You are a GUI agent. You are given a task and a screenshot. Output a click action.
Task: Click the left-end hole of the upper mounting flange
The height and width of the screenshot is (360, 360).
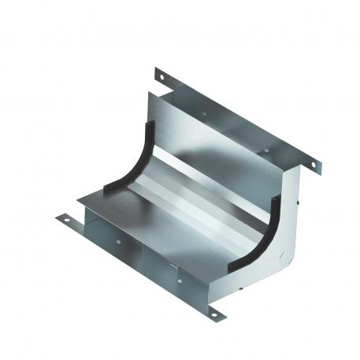click(161, 76)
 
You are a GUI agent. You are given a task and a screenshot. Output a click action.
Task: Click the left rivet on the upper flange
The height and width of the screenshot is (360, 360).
click(204, 114)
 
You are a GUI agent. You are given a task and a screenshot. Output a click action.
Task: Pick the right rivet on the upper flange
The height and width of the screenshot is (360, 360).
click(268, 150)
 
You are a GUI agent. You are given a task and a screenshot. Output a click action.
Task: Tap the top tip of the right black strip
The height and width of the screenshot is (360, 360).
click(276, 202)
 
